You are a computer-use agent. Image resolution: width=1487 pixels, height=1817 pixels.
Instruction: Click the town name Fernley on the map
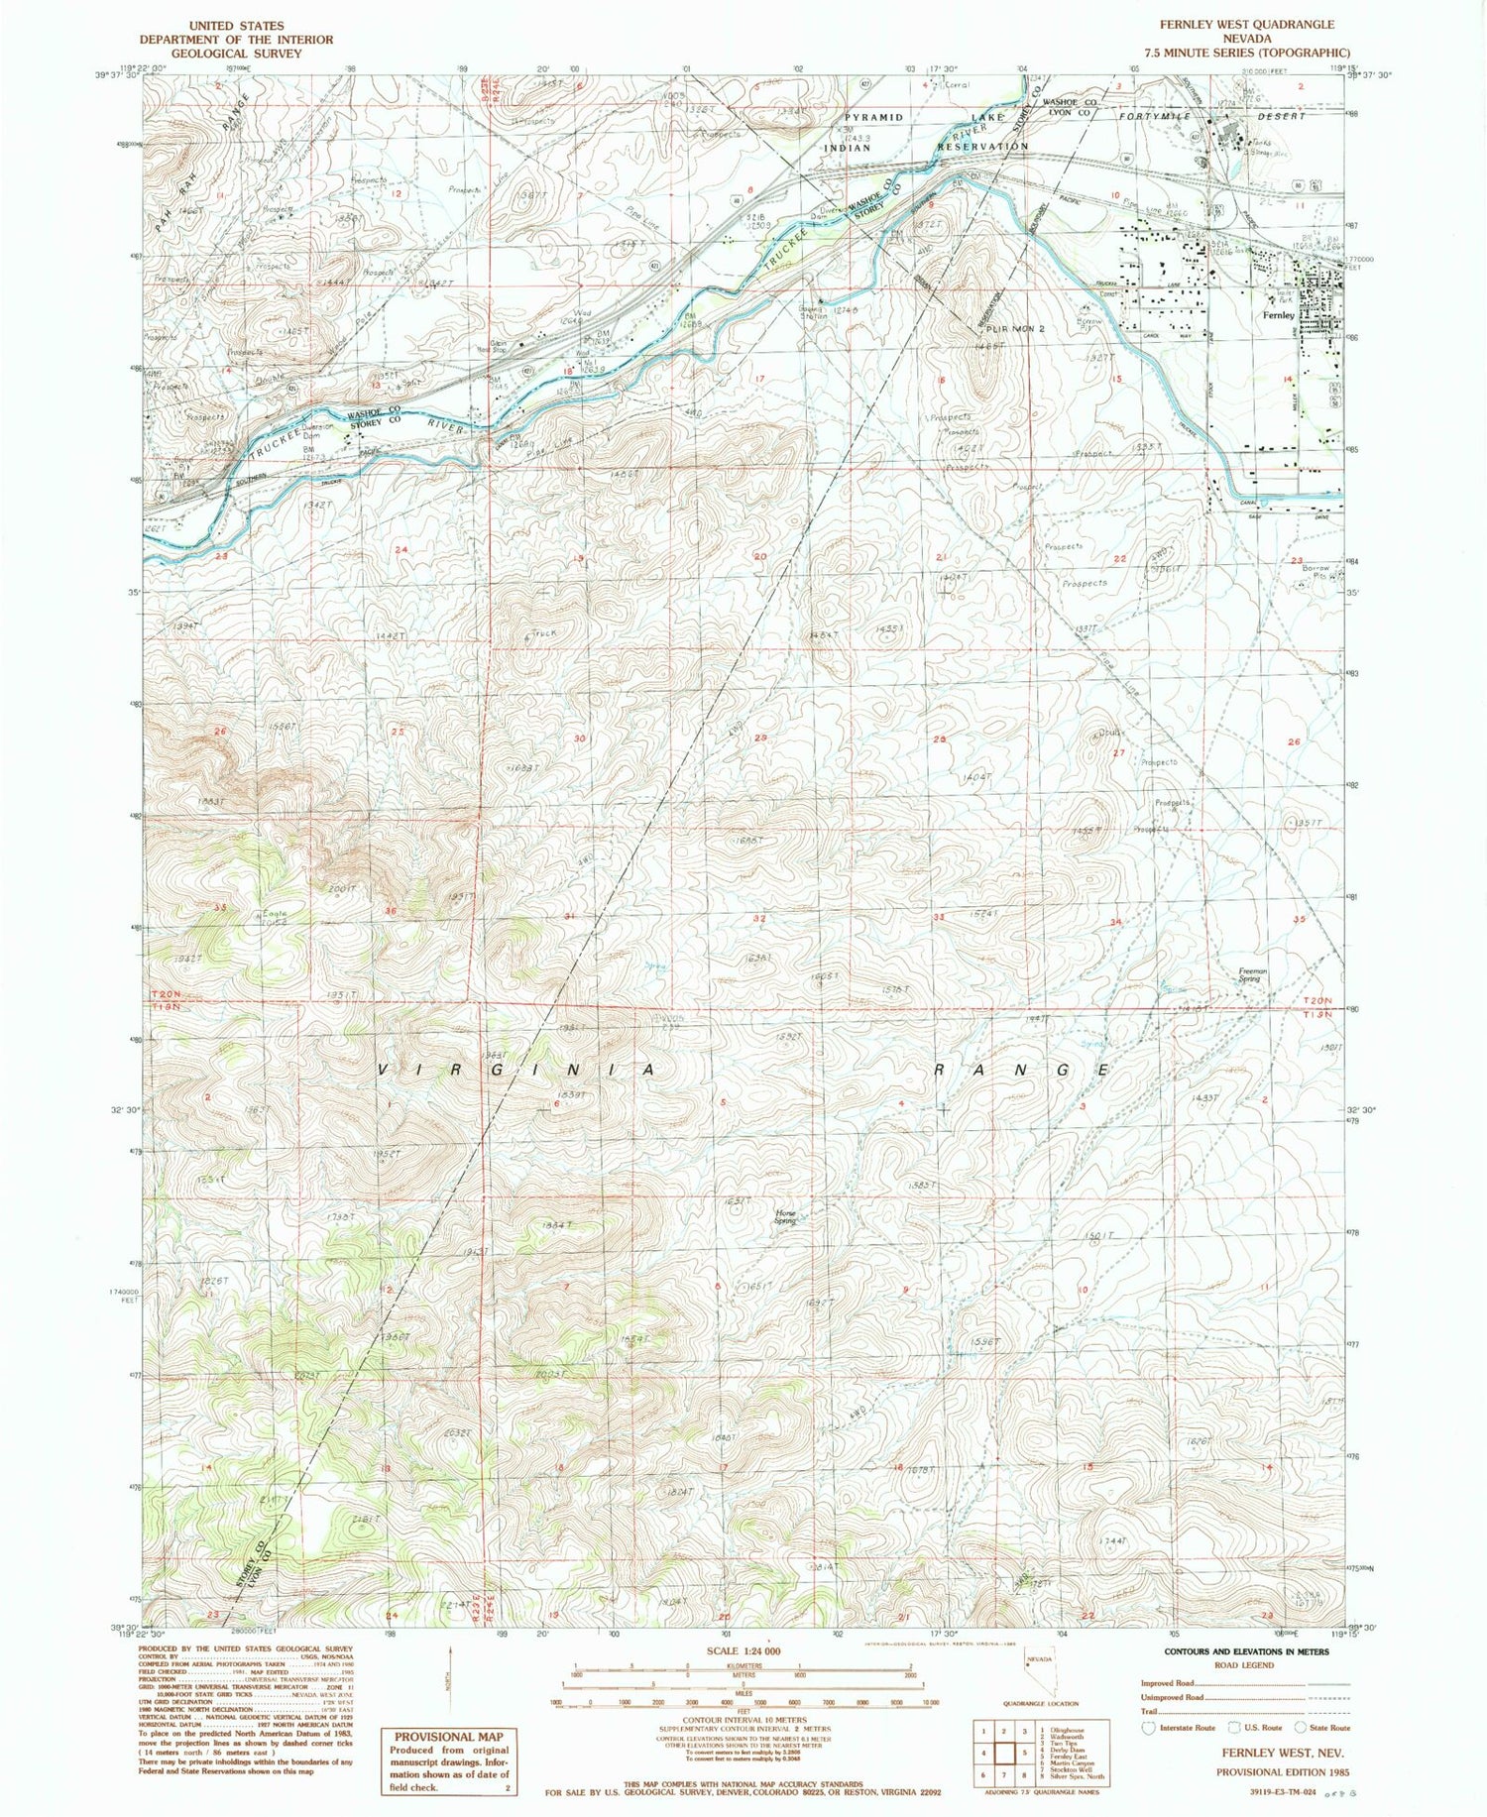(1279, 315)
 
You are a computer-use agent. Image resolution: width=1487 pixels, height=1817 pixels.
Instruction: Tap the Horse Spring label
(785, 1217)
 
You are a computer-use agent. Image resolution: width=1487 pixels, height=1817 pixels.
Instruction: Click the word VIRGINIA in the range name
(518, 1070)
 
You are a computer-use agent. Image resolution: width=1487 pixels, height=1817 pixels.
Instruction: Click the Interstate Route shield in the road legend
(1149, 1727)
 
